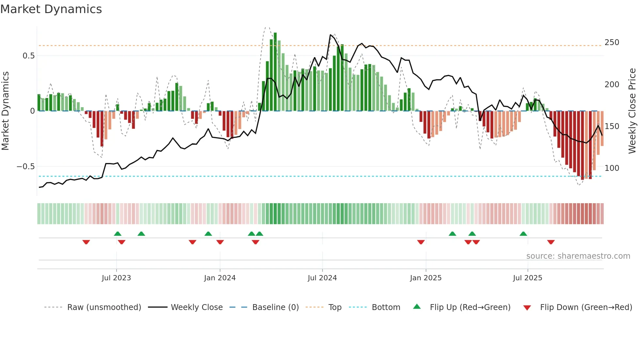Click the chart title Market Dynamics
[51, 9]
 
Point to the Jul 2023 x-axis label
[116, 278]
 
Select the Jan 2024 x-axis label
[220, 278]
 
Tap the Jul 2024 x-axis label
[322, 278]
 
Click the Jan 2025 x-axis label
[425, 278]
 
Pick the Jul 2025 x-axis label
[527, 278]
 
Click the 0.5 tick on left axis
[28, 56]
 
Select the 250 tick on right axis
[612, 42]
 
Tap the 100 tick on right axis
[612, 168]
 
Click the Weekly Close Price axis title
[632, 111]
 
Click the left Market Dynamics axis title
[5, 111]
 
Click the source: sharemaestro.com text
[578, 256]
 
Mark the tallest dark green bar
[275, 72]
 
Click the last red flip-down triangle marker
[551, 242]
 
